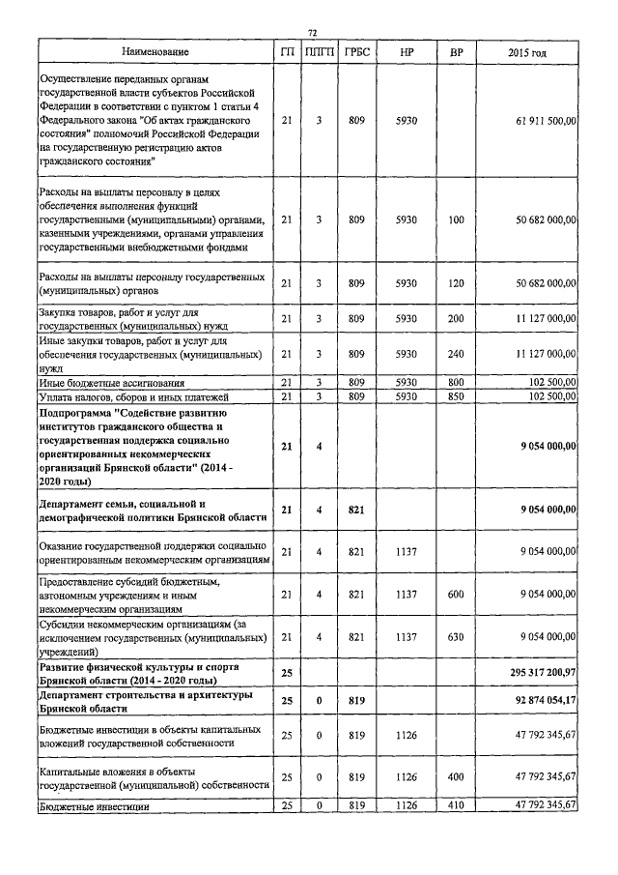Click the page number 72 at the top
312,33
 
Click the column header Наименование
155,51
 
